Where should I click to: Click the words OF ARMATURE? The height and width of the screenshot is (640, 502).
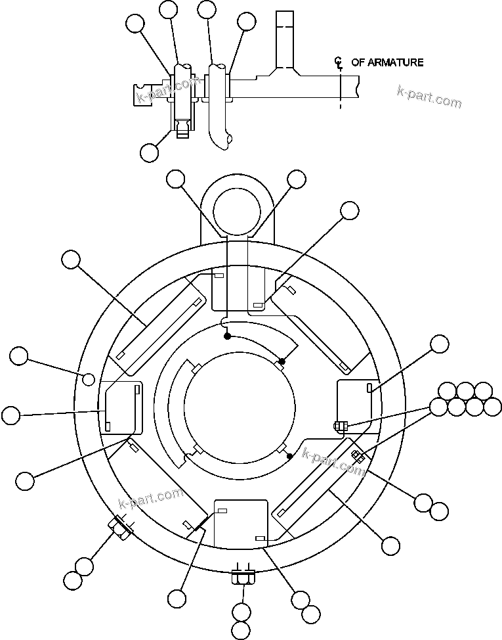click(x=387, y=62)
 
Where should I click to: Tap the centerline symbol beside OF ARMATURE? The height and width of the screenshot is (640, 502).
click(x=339, y=63)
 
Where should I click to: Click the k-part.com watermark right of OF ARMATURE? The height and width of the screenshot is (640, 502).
click(x=429, y=97)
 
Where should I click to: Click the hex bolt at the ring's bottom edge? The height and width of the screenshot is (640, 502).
click(x=242, y=578)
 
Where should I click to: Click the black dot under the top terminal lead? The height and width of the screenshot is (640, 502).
click(x=227, y=336)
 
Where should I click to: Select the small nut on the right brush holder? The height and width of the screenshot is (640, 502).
click(x=339, y=426)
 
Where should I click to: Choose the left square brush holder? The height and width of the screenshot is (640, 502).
click(x=120, y=408)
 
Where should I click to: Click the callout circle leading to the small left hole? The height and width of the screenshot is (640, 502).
click(x=19, y=357)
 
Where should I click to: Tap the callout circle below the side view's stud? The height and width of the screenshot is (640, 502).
click(x=149, y=152)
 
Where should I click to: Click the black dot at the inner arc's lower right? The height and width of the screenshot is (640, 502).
click(x=290, y=455)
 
